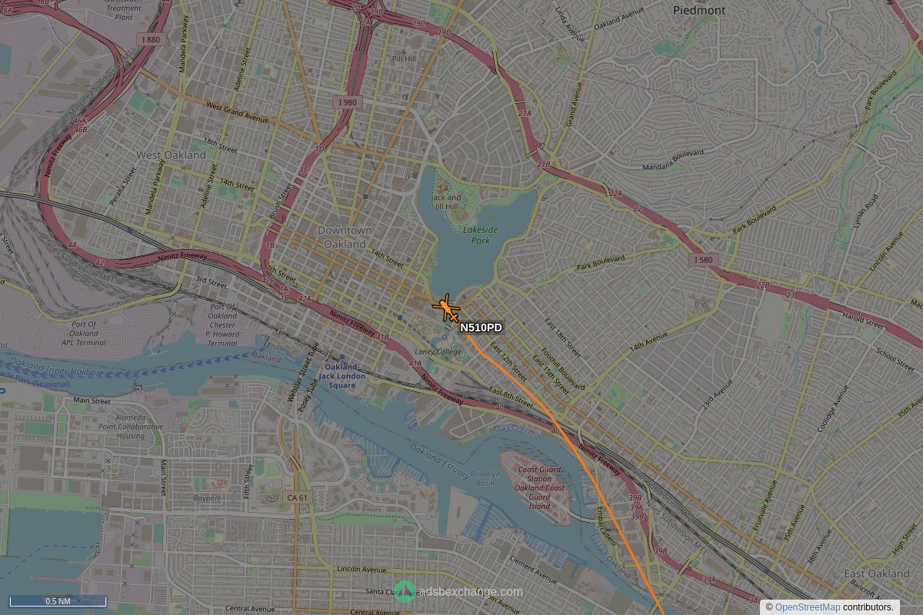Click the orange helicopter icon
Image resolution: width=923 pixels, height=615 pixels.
(x=446, y=309)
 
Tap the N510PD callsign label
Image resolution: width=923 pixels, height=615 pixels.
(x=481, y=328)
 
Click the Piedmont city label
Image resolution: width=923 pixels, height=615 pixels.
(x=698, y=11)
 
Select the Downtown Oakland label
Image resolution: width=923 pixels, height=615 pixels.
(x=345, y=237)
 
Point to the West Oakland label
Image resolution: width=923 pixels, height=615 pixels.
(x=171, y=155)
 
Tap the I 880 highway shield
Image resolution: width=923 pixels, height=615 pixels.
(x=152, y=39)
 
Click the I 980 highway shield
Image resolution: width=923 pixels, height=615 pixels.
(x=348, y=102)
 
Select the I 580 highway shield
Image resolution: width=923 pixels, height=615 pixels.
(x=703, y=261)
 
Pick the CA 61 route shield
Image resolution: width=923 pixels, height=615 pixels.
(x=297, y=498)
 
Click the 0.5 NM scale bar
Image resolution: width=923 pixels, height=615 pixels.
(x=58, y=601)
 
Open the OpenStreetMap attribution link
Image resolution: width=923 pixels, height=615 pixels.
(x=808, y=607)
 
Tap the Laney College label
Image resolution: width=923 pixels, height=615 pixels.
(x=440, y=352)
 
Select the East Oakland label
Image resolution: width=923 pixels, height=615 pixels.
(x=877, y=574)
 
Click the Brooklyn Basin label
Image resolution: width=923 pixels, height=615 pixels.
(x=485, y=478)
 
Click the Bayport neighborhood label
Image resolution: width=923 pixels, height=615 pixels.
(x=207, y=498)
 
